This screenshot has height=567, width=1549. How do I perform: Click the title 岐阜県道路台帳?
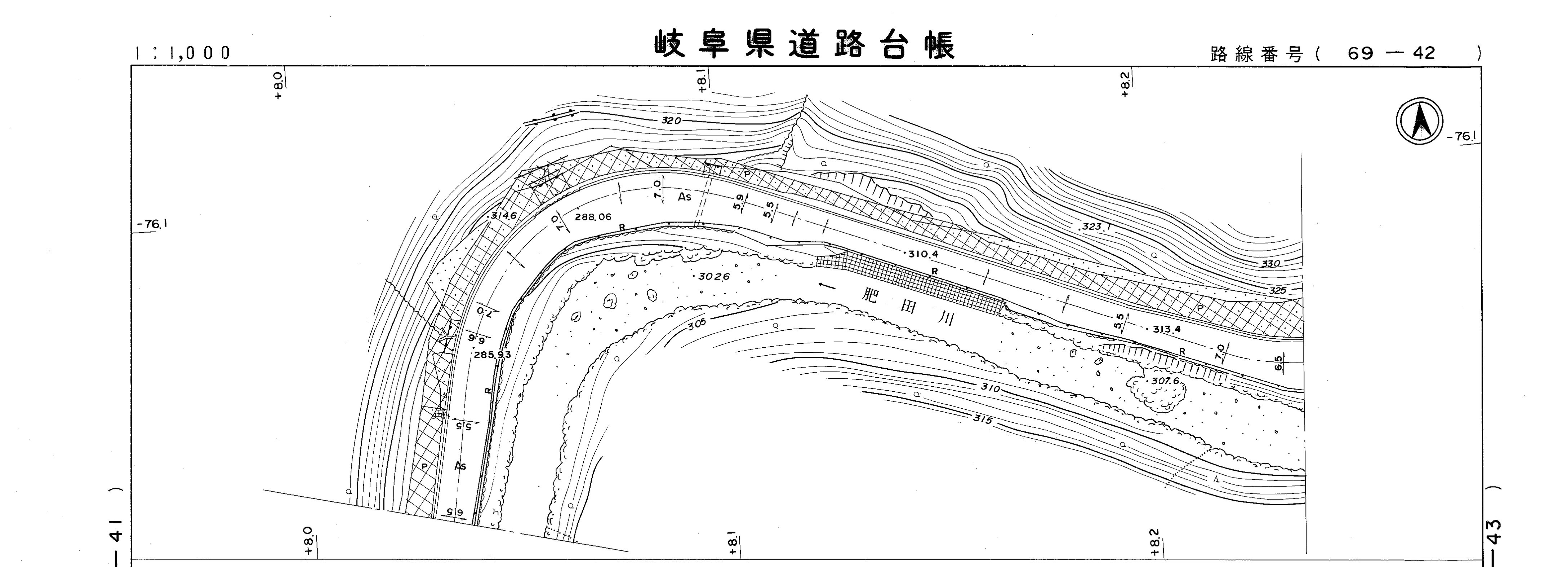805,45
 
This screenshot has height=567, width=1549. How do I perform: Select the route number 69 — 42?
1391,54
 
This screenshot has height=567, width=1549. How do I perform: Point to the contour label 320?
671,120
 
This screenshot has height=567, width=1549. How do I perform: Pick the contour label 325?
1277,291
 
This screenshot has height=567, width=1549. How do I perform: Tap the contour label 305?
697,323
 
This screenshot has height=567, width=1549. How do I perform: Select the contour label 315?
982,419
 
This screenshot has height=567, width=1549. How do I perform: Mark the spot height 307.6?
1165,381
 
